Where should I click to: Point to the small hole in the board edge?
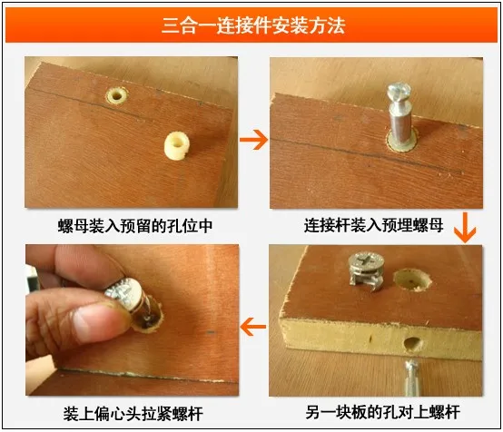coord(409,344)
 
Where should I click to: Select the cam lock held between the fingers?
coord(131,300)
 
